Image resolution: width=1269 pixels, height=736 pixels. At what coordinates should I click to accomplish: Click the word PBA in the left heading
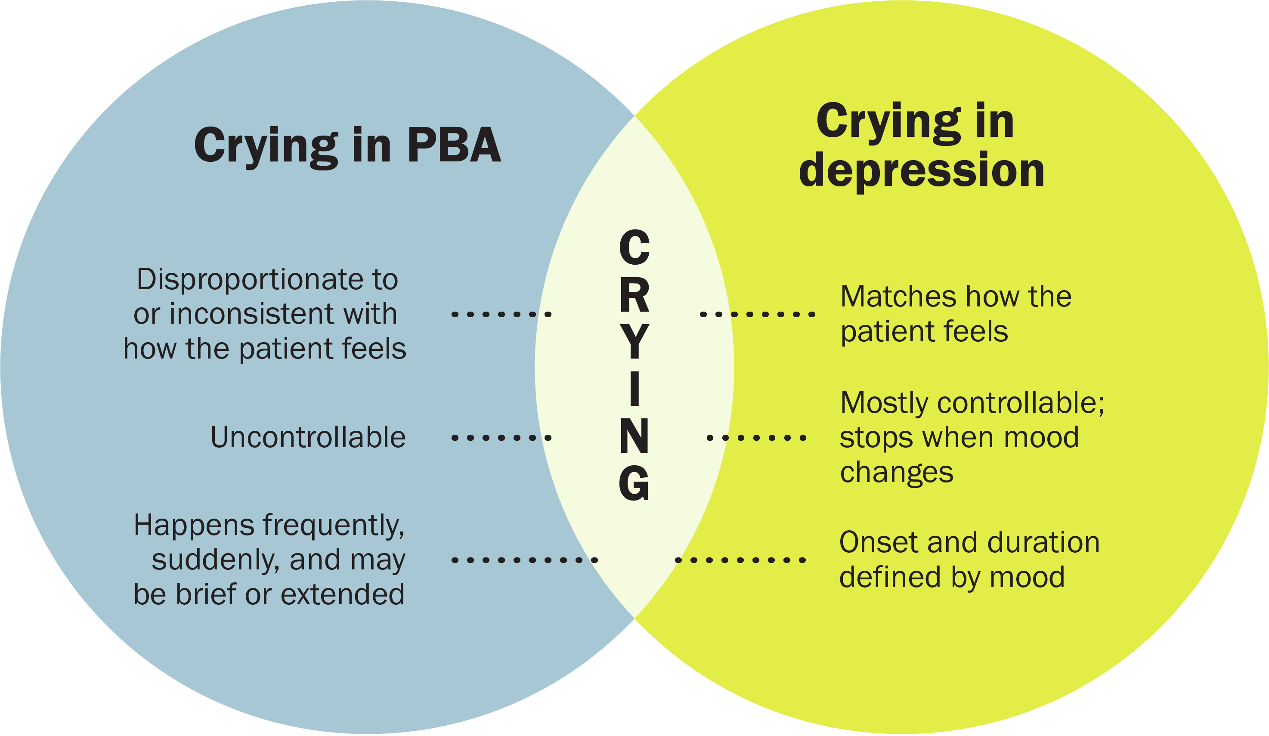click(x=454, y=145)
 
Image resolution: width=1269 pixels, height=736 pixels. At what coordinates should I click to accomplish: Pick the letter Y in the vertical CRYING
click(x=634, y=342)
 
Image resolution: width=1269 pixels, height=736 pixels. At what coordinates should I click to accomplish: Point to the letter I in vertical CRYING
click(x=634, y=389)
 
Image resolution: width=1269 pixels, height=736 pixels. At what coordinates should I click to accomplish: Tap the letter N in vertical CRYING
click(x=634, y=436)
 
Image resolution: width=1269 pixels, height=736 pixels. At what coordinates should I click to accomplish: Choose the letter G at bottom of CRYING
click(x=634, y=483)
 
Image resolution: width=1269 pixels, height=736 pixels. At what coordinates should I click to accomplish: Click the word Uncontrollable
click(x=308, y=437)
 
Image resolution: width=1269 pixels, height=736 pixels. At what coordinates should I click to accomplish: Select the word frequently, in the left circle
click(x=334, y=526)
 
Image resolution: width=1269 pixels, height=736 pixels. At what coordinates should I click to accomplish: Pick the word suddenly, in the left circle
click(x=216, y=560)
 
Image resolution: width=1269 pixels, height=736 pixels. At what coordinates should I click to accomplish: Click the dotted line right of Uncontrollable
click(x=501, y=437)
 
